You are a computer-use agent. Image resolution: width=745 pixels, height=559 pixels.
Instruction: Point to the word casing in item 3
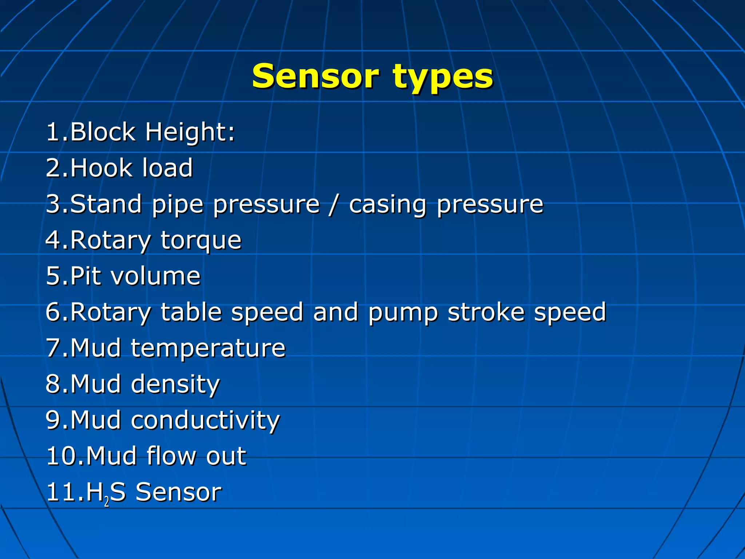coord(387,205)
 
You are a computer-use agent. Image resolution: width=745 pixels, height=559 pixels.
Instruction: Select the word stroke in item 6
coord(486,312)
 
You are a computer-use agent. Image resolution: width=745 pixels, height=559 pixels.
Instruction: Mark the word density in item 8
coord(175,385)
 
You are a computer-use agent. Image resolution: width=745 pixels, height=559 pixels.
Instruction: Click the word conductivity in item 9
coord(205,420)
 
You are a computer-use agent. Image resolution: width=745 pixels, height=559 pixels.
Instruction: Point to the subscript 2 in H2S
coord(107,502)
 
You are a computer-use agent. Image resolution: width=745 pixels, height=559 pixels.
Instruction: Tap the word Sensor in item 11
coord(178,492)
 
